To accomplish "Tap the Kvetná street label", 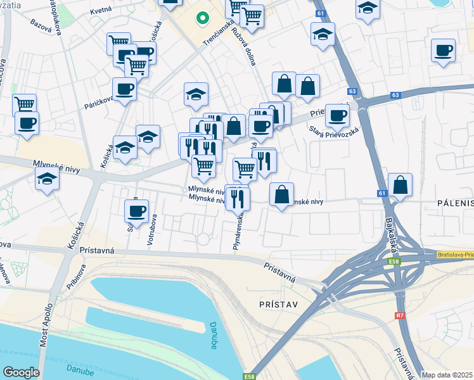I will (101, 11).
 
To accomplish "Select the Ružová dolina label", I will (245, 45).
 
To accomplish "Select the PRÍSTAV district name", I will (278, 304).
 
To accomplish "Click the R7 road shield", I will (400, 315).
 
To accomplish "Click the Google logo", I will (21, 372).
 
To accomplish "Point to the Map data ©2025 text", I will (447, 375).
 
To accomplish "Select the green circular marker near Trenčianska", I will (202, 18).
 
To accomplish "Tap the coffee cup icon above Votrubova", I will (136, 210).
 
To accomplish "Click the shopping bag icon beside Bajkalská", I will (400, 185).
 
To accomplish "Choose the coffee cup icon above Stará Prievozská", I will (337, 115).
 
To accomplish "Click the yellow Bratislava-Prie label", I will (454, 254).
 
